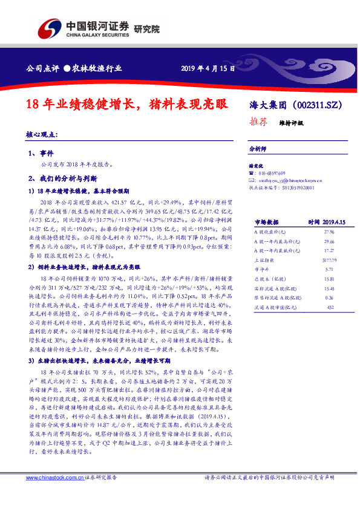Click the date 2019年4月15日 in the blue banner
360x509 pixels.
tap(208, 68)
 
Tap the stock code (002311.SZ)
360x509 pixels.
tap(312, 104)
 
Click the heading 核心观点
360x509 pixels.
tap(42, 135)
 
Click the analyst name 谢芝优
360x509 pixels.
tap(257, 166)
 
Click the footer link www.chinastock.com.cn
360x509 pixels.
tap(51, 478)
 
